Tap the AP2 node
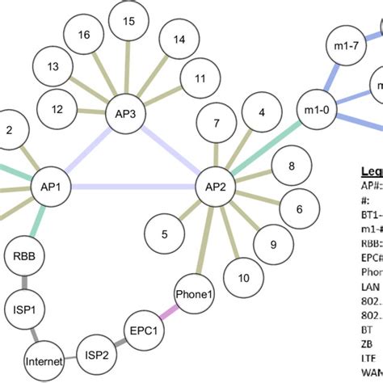point(216,187)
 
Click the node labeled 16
point(83,35)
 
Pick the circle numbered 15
point(129,21)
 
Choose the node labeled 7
point(216,124)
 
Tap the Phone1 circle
point(194,294)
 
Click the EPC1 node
point(146,330)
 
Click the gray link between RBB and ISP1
point(26,284)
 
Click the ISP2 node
point(95,353)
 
